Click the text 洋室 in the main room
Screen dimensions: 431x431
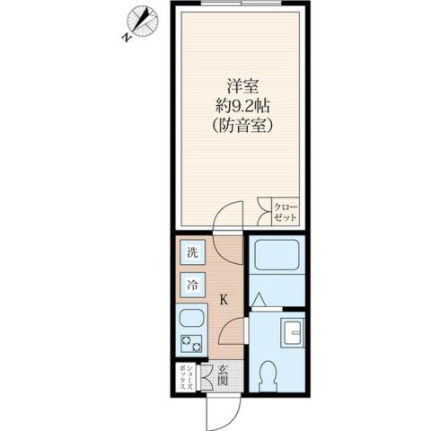[x=237, y=87]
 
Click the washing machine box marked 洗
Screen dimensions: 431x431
[x=192, y=253]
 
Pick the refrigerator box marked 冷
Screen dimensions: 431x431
[x=192, y=286]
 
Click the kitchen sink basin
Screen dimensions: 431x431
[x=192, y=318]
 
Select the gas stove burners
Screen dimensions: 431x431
[x=192, y=342]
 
